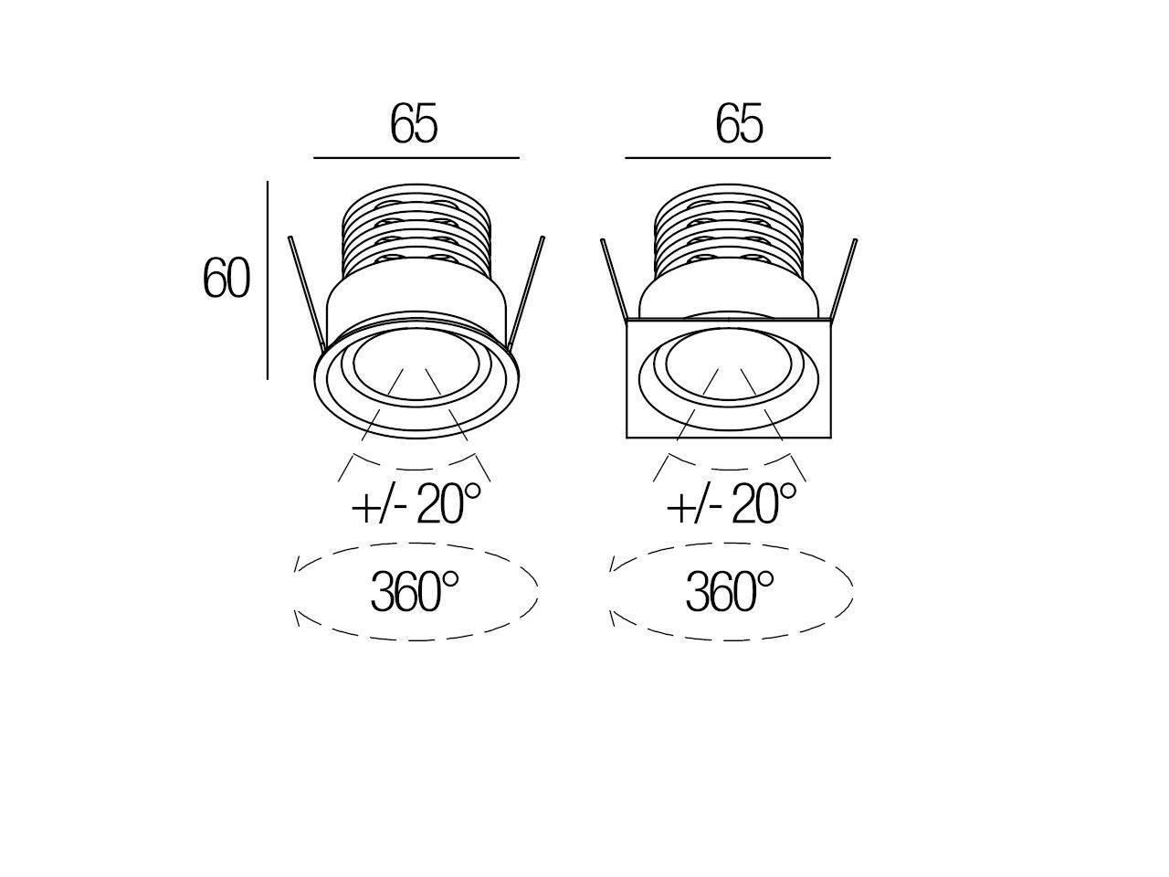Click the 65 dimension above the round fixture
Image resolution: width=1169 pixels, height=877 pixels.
[414, 123]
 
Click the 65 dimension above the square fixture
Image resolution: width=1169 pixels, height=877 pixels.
[739, 123]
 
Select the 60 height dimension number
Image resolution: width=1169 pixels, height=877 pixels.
[226, 279]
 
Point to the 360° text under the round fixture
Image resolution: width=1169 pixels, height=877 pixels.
[414, 591]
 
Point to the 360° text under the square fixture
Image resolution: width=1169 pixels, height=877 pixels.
[730, 591]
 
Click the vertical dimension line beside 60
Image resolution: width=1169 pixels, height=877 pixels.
[268, 279]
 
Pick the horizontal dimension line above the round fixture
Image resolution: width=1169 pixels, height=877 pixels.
[416, 158]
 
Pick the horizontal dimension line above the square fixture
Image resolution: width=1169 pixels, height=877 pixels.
[728, 158]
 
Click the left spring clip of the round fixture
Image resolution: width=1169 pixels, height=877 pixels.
[306, 292]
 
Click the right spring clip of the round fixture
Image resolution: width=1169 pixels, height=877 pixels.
[527, 292]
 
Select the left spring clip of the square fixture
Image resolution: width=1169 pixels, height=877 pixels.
[614, 279]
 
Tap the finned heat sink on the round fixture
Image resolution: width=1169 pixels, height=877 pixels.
[416, 233]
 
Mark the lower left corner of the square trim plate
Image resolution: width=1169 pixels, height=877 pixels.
[628, 437]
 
